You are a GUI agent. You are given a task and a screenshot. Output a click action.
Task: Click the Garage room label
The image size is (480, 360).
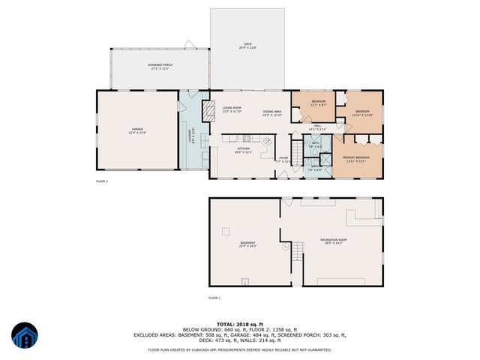point(138,131)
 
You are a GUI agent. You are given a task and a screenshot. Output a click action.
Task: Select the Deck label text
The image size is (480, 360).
point(248,46)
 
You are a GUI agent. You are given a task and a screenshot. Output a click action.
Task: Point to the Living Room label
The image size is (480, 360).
point(232,109)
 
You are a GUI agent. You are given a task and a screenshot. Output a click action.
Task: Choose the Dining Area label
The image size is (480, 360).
point(271,113)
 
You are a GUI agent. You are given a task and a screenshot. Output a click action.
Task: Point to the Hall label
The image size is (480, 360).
point(317,127)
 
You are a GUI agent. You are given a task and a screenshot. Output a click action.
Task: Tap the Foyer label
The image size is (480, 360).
point(283,159)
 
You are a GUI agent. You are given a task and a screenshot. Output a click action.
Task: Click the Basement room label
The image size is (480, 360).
point(247,244)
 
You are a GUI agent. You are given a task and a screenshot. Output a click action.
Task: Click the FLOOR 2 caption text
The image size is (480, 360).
point(102,181)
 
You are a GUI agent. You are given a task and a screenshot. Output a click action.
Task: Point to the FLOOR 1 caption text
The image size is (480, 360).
point(214,298)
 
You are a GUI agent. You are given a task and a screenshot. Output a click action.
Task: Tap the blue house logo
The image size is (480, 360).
point(24,337)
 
